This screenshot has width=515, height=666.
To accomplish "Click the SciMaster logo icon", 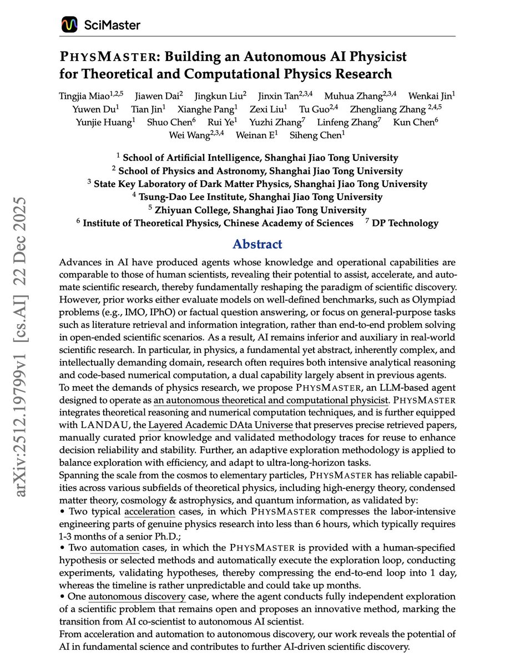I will pos(69,24).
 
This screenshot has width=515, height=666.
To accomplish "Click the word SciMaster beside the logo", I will pos(112,25).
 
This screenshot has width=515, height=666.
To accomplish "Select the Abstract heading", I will pos(257,244).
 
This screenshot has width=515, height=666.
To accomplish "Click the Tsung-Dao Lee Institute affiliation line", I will pos(257,196).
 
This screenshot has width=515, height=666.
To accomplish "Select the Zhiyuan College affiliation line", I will pos(257,210).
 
